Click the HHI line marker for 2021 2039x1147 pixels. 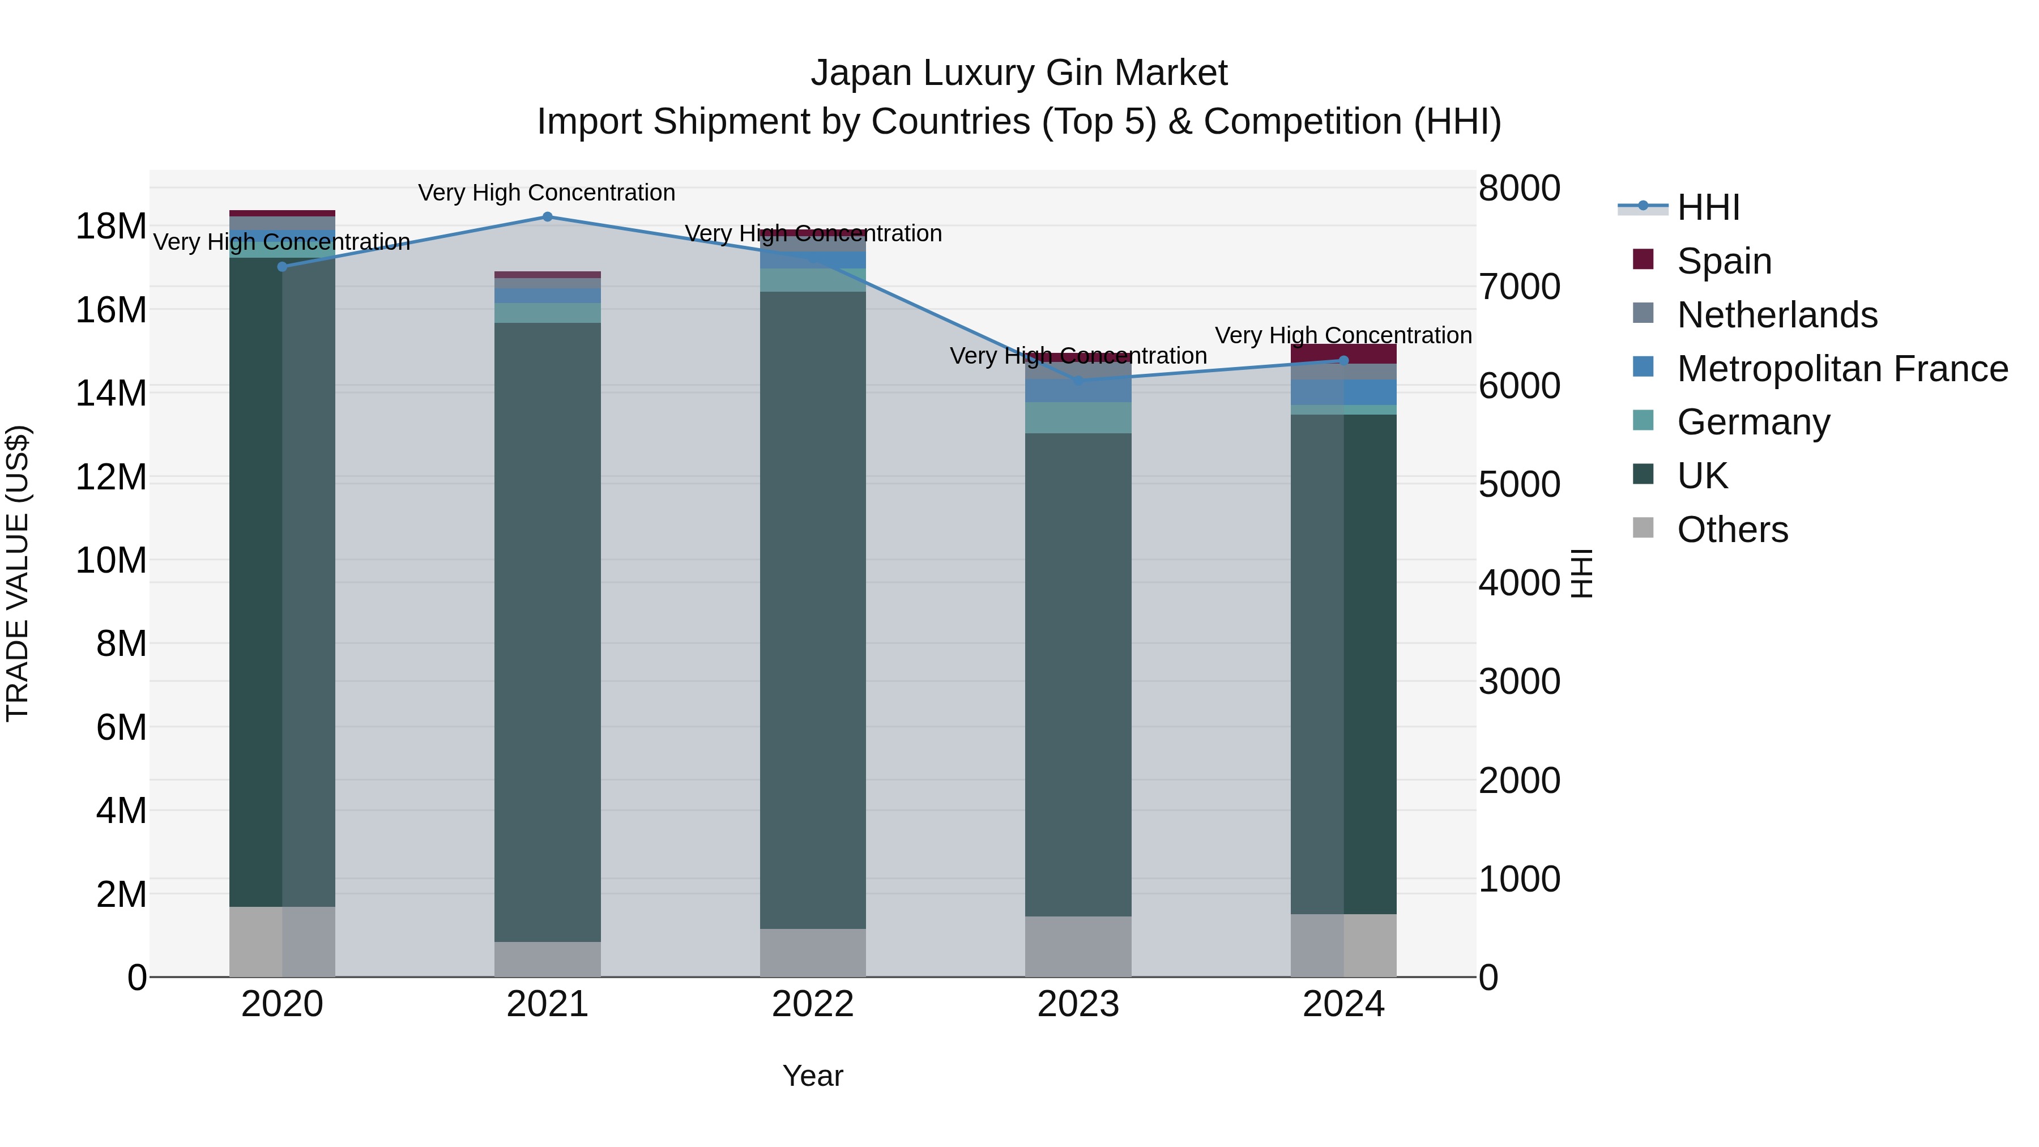click(547, 217)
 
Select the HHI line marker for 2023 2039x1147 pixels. click(1078, 381)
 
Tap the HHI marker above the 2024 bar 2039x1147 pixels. click(1343, 360)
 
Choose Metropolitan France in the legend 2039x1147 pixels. click(1841, 369)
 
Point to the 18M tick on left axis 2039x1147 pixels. click(111, 227)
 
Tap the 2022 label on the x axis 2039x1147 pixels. click(812, 1004)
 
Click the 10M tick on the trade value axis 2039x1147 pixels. click(111, 560)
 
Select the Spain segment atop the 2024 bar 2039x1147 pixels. click(1343, 354)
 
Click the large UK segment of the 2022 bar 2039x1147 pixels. click(812, 609)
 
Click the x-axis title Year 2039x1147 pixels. click(812, 1076)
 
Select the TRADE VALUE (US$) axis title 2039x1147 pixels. click(18, 573)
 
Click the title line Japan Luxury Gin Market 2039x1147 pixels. click(1019, 73)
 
